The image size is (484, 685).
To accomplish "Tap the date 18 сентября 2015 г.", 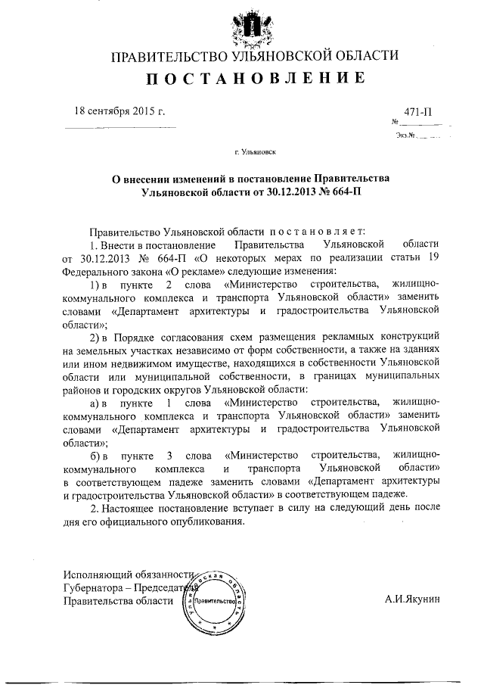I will point(119,111).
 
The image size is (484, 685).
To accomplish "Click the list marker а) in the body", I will point(96,404).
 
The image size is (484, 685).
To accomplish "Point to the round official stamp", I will point(216,602).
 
